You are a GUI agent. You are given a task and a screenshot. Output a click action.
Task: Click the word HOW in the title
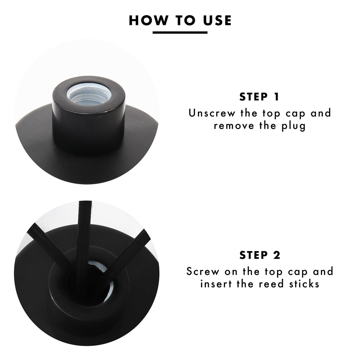pyautogui.click(x=148, y=20)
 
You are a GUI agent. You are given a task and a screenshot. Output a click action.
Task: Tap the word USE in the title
pyautogui.click(x=217, y=20)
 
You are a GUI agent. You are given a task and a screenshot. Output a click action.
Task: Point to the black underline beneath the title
pyautogui.click(x=180, y=33)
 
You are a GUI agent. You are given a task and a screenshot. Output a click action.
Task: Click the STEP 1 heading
pyautogui.click(x=259, y=97)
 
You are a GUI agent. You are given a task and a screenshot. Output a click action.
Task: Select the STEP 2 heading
pyautogui.click(x=260, y=255)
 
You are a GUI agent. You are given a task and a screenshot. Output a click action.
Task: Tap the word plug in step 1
pyautogui.click(x=294, y=127)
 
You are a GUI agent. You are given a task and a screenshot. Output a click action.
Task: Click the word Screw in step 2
pyautogui.click(x=203, y=271)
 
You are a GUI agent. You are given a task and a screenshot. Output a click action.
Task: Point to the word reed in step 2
pyautogui.click(x=271, y=284)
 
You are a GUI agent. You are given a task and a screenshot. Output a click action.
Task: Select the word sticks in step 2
pyautogui.click(x=304, y=284)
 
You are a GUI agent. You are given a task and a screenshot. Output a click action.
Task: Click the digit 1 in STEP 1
pyautogui.click(x=276, y=97)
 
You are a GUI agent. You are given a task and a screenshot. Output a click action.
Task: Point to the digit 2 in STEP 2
pyautogui.click(x=277, y=255)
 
